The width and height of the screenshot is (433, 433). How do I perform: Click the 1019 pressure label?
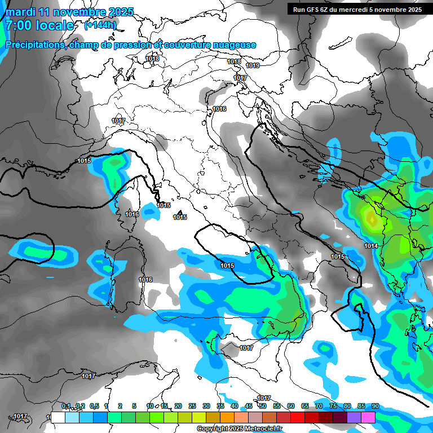coord(253,65)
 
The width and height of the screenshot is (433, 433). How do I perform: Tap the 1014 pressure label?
coord(371,246)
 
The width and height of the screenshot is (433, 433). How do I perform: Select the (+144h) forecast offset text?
coord(100,25)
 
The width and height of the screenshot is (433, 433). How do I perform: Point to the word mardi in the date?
coord(20,12)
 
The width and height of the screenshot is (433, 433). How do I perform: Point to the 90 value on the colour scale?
coord(375,406)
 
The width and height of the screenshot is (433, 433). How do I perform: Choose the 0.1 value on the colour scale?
coord(66,406)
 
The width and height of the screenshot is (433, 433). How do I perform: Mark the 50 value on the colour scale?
coord(262,406)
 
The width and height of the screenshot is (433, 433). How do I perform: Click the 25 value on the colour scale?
coord(192,406)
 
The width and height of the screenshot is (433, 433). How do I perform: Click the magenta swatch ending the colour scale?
coord(368,418)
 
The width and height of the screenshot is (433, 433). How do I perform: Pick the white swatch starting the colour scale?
coord(58,418)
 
